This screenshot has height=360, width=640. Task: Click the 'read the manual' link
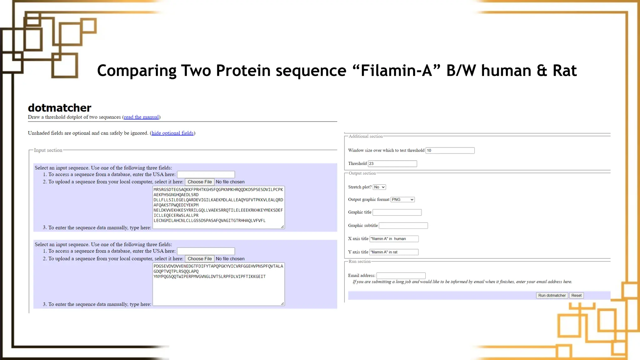pyautogui.click(x=141, y=117)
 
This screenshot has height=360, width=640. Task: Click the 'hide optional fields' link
pyautogui.click(x=172, y=133)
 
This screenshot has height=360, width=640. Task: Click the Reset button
pyautogui.click(x=576, y=295)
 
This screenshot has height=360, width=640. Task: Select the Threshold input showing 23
pyautogui.click(x=392, y=163)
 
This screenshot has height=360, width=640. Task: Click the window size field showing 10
pyautogui.click(x=450, y=150)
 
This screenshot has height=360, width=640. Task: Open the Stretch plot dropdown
pyautogui.click(x=379, y=187)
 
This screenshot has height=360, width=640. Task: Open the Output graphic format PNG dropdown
pyautogui.click(x=402, y=199)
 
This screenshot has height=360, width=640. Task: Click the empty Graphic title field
pyautogui.click(x=397, y=212)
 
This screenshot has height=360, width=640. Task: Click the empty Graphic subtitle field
pyautogui.click(x=403, y=225)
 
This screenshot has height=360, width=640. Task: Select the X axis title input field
pyautogui.click(x=394, y=239)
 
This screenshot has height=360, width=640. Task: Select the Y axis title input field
pyautogui.click(x=394, y=252)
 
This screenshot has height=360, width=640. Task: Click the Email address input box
pyautogui.click(x=401, y=276)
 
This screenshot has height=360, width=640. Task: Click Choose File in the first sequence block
pyautogui.click(x=199, y=182)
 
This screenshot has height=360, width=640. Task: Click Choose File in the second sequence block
pyautogui.click(x=199, y=259)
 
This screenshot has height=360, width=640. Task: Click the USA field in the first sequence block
pyautogui.click(x=206, y=174)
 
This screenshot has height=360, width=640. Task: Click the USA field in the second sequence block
pyautogui.click(x=206, y=251)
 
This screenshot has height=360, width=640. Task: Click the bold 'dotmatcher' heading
pyautogui.click(x=60, y=108)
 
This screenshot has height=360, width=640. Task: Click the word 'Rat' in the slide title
pyautogui.click(x=564, y=71)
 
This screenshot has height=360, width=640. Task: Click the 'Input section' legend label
pyautogui.click(x=48, y=150)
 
